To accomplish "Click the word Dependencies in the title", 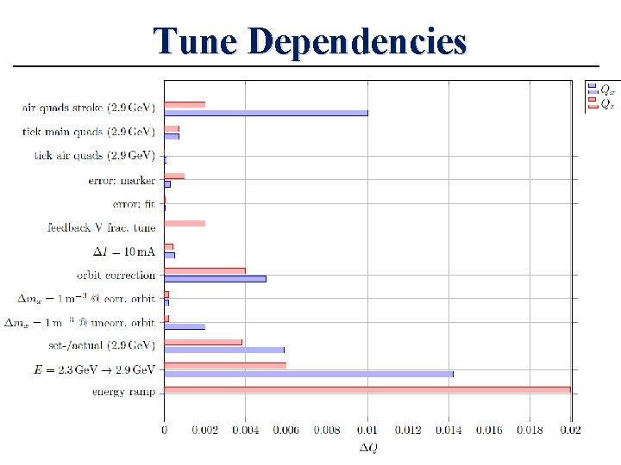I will click(360, 41).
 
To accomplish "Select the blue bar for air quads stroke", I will click(266, 113).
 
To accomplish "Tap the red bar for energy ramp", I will click(367, 389).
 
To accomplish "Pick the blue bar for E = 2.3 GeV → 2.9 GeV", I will click(308, 374).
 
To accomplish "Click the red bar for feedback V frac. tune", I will click(185, 223).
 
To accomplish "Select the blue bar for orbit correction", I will click(215, 278).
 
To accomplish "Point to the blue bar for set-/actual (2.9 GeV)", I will click(223, 350).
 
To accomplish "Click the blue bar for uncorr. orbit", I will click(185, 326).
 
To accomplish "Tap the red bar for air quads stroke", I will click(185, 104).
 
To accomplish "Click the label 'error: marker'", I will click(122, 181).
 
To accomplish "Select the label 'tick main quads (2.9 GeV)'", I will click(89, 132).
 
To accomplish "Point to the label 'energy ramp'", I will click(124, 393).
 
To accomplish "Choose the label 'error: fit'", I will click(134, 204).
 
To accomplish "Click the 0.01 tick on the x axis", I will click(367, 429).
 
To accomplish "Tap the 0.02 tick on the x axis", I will click(571, 429).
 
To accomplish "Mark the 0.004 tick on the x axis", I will click(245, 429).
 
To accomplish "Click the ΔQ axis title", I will click(367, 447).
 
